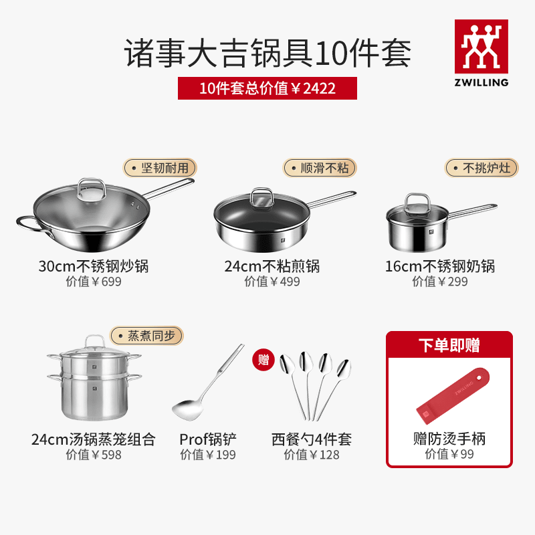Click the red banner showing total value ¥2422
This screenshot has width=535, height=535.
coord(267,88)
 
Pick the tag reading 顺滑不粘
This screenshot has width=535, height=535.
coord(320,167)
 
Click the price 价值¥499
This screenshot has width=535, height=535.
coord(272,282)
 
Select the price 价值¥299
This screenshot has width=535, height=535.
coord(440,282)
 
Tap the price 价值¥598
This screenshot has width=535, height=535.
coord(94,455)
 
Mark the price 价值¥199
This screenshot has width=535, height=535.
coord(208,455)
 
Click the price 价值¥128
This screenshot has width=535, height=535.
coord(312,455)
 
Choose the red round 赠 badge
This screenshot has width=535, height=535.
coord(263,360)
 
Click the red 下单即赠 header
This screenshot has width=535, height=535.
coord(449,345)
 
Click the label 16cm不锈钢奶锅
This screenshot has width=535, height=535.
coord(440,266)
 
